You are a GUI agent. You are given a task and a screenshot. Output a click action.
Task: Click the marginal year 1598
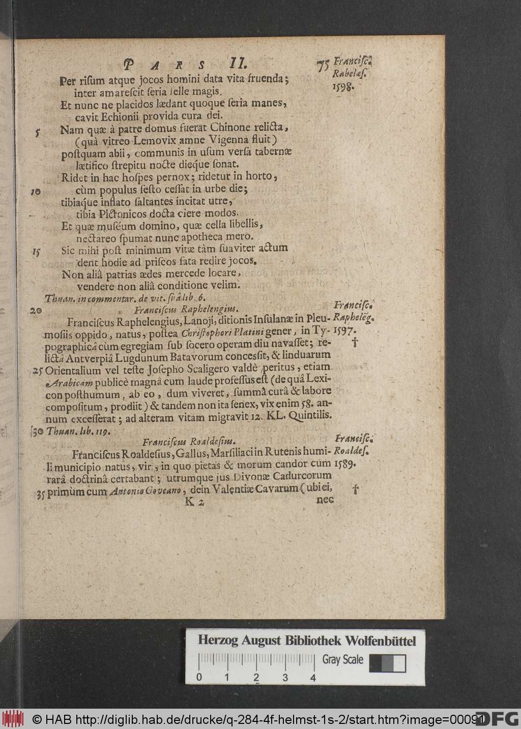click(340, 87)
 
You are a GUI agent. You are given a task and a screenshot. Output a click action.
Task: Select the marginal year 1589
click(346, 464)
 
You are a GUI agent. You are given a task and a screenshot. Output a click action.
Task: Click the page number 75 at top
click(322, 66)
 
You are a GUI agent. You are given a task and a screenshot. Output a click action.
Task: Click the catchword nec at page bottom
click(324, 499)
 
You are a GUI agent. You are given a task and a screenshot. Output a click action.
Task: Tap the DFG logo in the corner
click(497, 718)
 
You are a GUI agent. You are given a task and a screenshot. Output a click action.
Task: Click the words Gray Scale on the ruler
click(343, 660)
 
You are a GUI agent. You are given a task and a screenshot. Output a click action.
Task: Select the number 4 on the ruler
click(313, 678)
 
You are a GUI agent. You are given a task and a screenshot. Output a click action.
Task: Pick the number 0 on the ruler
click(199, 678)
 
